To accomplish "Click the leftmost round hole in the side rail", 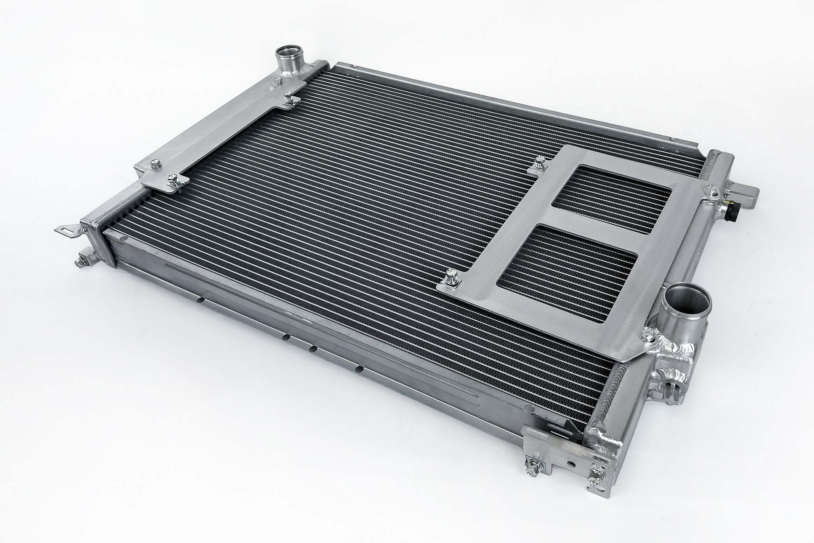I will tap(201, 300).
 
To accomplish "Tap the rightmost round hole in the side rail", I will tap(360, 369).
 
